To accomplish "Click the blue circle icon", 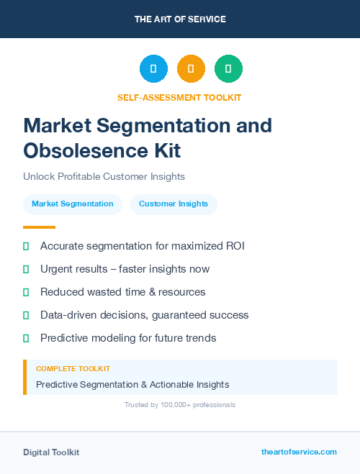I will (153, 69).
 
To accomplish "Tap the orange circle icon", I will (191, 69).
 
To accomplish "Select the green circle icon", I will (228, 69).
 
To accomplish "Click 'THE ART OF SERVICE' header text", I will (180, 19).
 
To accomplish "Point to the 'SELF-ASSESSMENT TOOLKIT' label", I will (179, 97).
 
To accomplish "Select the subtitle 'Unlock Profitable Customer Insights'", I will (104, 176).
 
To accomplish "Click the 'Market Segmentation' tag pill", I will (73, 204).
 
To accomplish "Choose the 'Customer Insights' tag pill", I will (174, 204).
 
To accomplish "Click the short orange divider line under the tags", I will (39, 227).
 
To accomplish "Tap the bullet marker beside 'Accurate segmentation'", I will (26, 246).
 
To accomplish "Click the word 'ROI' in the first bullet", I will (234, 246).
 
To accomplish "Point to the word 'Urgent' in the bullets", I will (57, 269).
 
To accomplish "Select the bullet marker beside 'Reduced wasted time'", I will (26, 292).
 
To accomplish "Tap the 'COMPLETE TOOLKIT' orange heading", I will (73, 368).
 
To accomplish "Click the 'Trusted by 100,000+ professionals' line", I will (180, 405).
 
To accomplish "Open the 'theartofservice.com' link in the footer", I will (299, 452).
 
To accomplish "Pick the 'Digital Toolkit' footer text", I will (51, 452).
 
